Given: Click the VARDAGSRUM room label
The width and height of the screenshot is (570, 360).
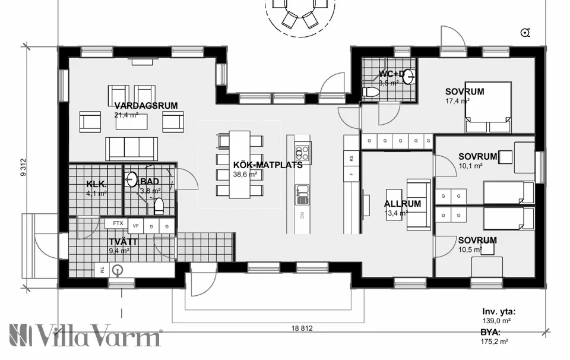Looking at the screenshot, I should pyautogui.click(x=146, y=106).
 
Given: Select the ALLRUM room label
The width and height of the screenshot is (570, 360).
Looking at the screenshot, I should pyautogui.click(x=403, y=203).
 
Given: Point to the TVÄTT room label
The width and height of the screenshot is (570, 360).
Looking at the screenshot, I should pyautogui.click(x=123, y=242).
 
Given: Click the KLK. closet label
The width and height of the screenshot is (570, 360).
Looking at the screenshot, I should pyautogui.click(x=96, y=184).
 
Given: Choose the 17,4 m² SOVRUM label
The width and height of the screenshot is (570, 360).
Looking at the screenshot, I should pyautogui.click(x=465, y=91).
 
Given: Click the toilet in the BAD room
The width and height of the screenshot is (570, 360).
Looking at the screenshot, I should pyautogui.click(x=159, y=206).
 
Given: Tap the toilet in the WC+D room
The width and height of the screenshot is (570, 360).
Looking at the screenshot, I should pyautogui.click(x=373, y=93).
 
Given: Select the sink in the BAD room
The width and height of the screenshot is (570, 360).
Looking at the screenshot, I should pyautogui.click(x=132, y=178).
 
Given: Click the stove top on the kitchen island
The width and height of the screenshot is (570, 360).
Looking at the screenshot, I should pyautogui.click(x=302, y=149).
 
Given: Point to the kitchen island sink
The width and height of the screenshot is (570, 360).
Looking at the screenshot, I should pyautogui.click(x=302, y=191).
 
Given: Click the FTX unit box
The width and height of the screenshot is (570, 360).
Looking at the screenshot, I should pyautogui.click(x=118, y=223).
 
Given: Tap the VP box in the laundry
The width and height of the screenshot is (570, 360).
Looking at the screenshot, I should pyautogui.click(x=135, y=226).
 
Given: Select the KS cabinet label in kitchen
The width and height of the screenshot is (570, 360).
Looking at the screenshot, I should pyautogui.click(x=351, y=159).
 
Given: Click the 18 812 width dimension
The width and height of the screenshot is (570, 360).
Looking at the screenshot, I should pyautogui.click(x=302, y=328).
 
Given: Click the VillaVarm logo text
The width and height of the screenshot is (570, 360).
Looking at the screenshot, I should pyautogui.click(x=86, y=336).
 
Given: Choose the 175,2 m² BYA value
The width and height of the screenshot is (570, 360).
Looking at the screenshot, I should pyautogui.click(x=495, y=342).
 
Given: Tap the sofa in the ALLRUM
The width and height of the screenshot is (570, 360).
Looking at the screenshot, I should pyautogui.click(x=419, y=204).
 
